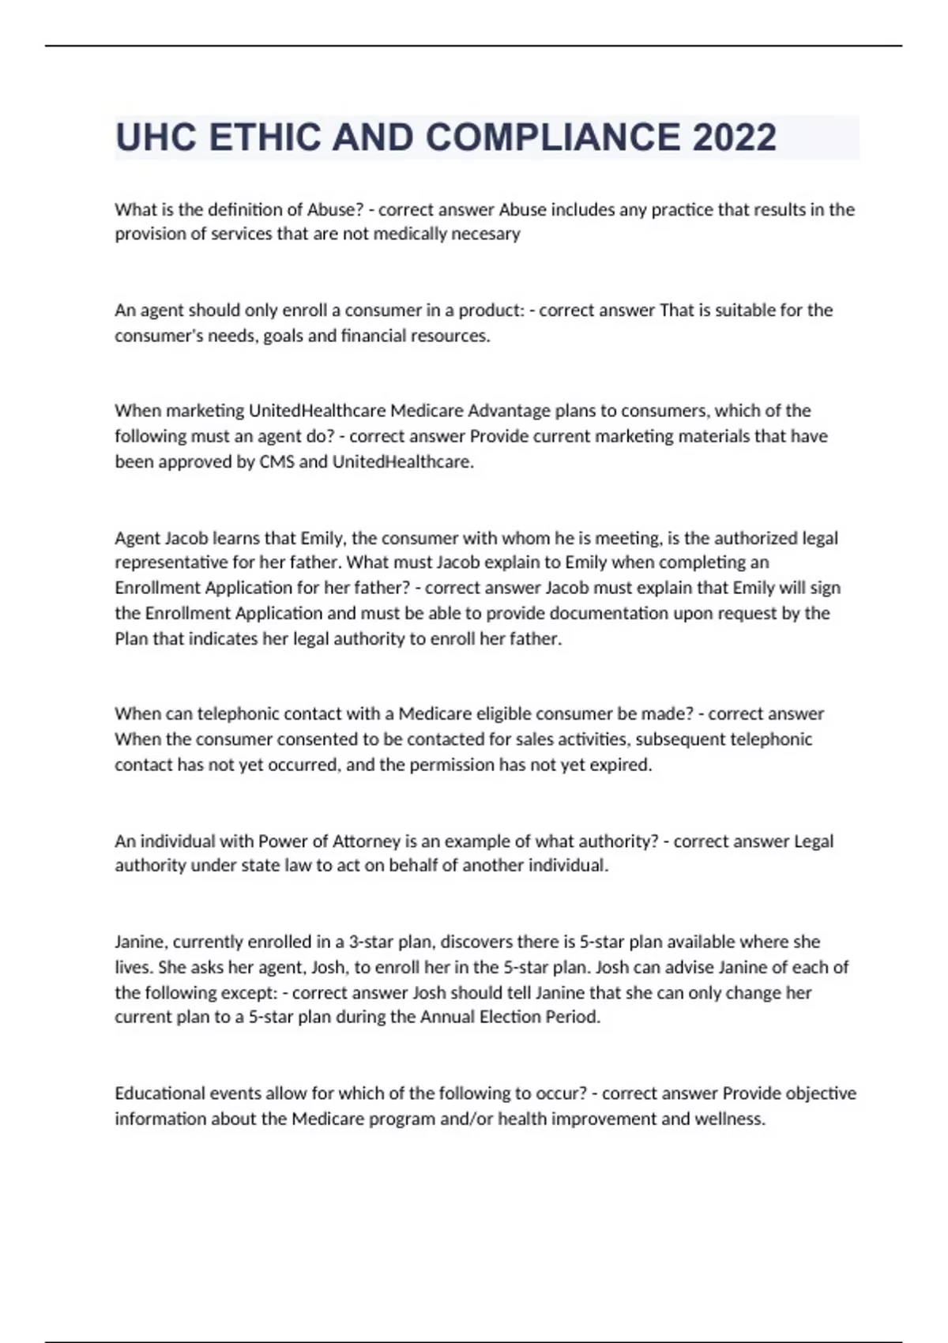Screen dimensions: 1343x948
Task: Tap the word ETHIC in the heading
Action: click(x=264, y=137)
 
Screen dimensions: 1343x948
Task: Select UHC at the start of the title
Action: click(x=156, y=137)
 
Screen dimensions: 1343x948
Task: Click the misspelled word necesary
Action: click(x=485, y=234)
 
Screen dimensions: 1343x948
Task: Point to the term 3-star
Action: click(x=374, y=942)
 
